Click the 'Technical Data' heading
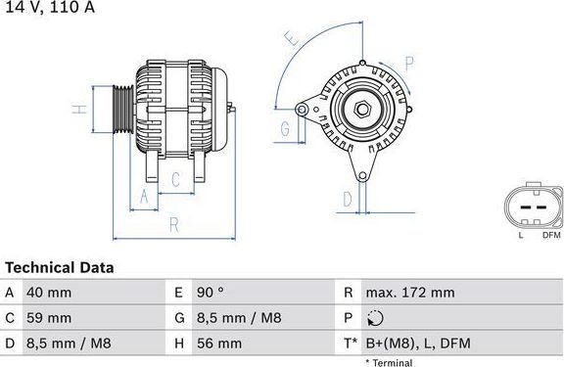tap(60, 267)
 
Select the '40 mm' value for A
tap(50, 293)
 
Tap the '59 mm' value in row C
tap(50, 318)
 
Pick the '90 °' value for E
tap(211, 293)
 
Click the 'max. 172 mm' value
tap(410, 293)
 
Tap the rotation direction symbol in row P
tap(377, 318)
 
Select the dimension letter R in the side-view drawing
tap(172, 225)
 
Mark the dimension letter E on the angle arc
tap(291, 39)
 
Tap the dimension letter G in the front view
tap(285, 128)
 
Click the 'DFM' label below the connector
tap(550, 235)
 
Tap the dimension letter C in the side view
tap(175, 179)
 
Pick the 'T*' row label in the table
tap(352, 344)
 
